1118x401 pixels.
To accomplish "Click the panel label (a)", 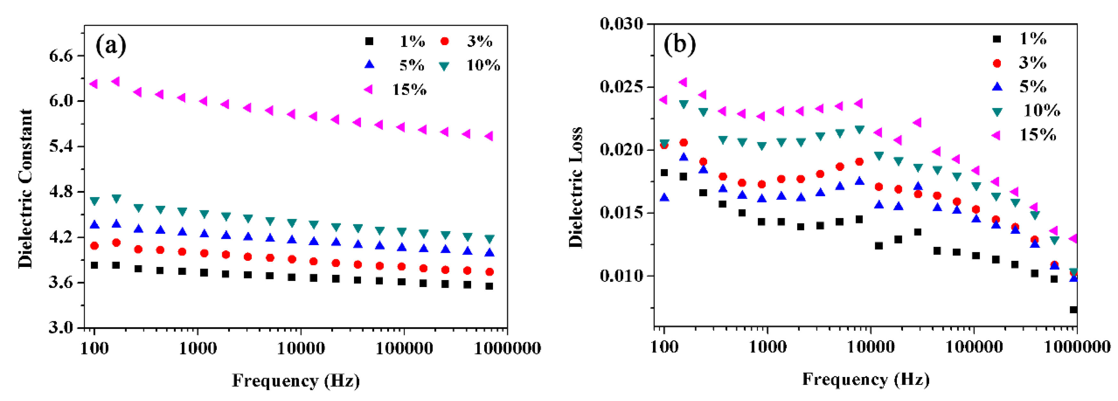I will (x=111, y=45).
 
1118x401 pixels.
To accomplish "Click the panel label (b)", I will (x=679, y=44).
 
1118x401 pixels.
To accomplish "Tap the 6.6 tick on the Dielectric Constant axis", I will (x=61, y=56).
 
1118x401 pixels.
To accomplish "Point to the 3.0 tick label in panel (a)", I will (x=61, y=327).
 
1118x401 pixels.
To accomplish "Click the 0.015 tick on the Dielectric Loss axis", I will (x=622, y=213).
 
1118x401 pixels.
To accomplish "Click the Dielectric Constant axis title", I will (x=26, y=189).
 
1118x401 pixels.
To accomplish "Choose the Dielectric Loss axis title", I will (x=575, y=188).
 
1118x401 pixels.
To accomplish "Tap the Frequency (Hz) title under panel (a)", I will (x=296, y=381).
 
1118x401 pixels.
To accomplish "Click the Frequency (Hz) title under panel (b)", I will (x=865, y=379).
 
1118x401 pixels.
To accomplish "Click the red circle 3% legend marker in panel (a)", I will (x=445, y=42).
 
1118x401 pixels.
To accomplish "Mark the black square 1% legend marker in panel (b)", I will (x=997, y=39).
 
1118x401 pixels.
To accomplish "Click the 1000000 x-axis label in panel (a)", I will (x=507, y=348).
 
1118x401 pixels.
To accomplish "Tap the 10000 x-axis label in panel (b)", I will (x=871, y=347).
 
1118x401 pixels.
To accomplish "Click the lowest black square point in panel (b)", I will (x=1073, y=310).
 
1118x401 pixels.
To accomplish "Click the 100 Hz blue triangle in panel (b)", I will (x=664, y=198).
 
